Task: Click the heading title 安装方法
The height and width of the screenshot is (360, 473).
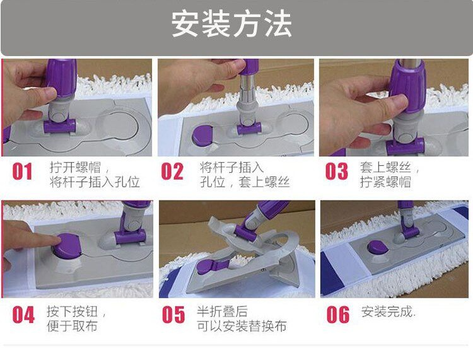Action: click(x=231, y=24)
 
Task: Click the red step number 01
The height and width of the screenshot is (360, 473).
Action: click(x=22, y=171)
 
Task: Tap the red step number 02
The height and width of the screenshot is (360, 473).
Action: click(x=172, y=171)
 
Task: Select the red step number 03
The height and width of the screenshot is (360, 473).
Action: click(x=336, y=171)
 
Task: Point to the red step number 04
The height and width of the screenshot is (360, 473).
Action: click(x=23, y=315)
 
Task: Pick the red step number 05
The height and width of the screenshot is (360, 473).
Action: click(x=173, y=315)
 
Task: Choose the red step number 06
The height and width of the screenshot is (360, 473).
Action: click(x=338, y=315)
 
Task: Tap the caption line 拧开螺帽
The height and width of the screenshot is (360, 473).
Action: click(x=75, y=167)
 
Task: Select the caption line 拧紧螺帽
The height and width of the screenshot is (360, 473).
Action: click(x=385, y=182)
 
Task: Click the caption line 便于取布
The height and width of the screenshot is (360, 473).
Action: click(x=72, y=326)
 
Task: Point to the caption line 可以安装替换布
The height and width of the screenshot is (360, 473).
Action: click(x=242, y=326)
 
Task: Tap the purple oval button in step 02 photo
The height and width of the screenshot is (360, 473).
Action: click(x=202, y=134)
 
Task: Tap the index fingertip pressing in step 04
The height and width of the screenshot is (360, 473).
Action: click(x=55, y=240)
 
